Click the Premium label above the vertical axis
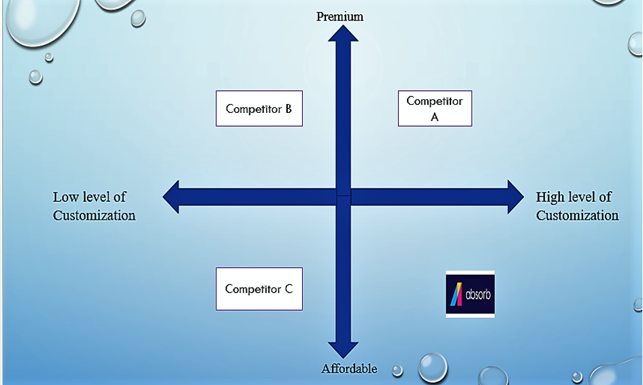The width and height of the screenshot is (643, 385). (340, 16)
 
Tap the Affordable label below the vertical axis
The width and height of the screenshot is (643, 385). (349, 369)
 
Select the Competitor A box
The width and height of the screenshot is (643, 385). (435, 108)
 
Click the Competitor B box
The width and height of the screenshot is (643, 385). (259, 108)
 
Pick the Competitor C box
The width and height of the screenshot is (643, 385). (259, 289)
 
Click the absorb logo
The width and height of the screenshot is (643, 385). (470, 294)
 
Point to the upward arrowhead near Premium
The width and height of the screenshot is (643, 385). (343, 33)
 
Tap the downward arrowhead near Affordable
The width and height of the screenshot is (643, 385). (343, 350)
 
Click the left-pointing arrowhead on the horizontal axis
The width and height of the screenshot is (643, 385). (171, 197)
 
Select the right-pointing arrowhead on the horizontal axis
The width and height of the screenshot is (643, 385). (516, 197)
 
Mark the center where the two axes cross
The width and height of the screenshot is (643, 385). (344, 197)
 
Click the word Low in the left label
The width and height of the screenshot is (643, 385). (65, 197)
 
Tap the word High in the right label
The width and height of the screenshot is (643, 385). (550, 197)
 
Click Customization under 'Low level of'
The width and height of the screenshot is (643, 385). (95, 215)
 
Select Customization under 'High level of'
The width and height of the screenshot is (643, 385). (578, 215)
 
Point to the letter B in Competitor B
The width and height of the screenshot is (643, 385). (288, 109)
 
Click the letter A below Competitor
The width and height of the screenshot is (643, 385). (435, 117)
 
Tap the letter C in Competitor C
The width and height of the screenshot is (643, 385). (288, 289)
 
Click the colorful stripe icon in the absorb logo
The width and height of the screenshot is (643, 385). (457, 294)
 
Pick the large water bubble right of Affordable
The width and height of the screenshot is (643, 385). (433, 367)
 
